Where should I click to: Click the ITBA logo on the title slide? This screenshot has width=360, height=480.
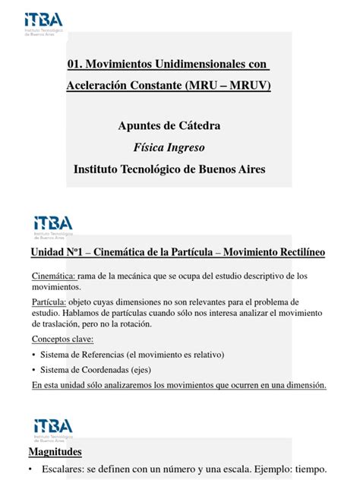click(43, 22)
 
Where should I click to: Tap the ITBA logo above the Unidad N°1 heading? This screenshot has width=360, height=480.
click(53, 226)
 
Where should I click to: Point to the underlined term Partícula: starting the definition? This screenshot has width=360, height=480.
click(49, 301)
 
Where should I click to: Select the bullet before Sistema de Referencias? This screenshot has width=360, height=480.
click(35, 355)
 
